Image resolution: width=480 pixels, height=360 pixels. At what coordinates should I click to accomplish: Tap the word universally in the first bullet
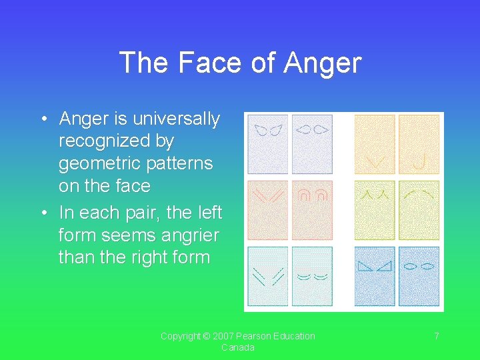point(176,119)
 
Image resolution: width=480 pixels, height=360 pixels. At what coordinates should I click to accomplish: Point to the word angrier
point(188,235)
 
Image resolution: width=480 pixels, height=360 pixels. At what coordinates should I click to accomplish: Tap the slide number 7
point(437,336)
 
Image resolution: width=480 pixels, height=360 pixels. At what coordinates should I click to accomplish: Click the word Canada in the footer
point(238,347)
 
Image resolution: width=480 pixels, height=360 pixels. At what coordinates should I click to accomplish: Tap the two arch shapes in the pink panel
point(313,195)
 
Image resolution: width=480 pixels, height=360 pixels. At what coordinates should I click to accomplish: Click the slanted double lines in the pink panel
point(267,195)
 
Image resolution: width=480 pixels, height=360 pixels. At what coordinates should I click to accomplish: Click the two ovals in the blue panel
point(419,266)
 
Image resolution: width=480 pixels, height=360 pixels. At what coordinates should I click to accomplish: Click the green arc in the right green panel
point(419,194)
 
